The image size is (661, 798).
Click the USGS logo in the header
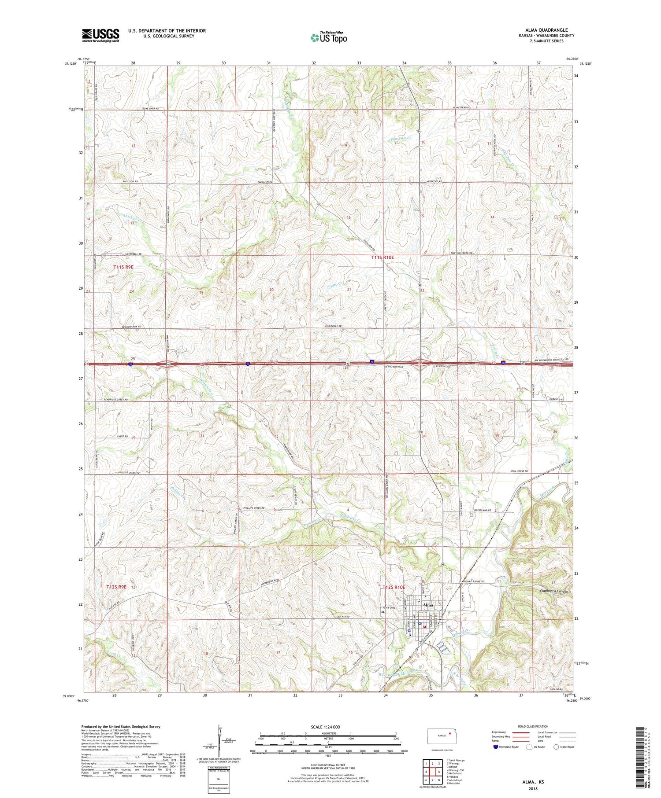[x=100, y=35]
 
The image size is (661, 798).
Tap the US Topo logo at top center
[x=328, y=37]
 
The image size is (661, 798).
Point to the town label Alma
[x=427, y=605]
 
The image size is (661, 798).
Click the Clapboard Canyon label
[x=553, y=591]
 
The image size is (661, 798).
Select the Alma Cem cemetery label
[x=388, y=609]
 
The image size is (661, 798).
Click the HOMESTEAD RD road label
[x=459, y=107]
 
